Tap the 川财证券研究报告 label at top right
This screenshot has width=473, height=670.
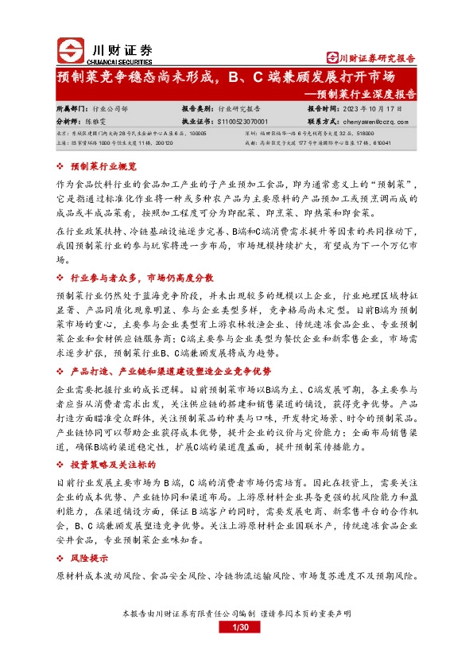[x=372, y=58]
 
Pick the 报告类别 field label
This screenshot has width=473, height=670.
[x=198, y=107]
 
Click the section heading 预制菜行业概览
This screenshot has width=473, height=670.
[x=104, y=167]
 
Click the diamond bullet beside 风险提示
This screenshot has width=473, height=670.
[x=62, y=559]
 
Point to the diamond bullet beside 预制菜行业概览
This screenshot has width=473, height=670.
[x=62, y=167]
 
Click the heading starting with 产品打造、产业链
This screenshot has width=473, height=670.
[x=170, y=371]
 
